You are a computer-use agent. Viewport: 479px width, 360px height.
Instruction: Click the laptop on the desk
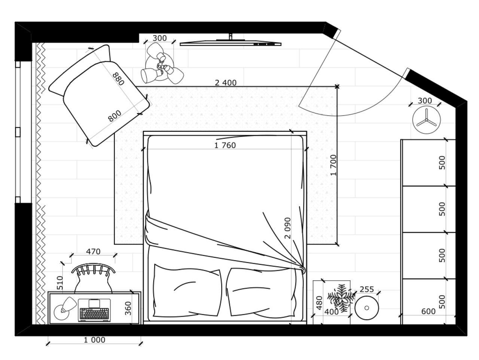point(94,310)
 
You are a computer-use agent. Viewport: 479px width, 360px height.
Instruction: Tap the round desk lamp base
point(61,312)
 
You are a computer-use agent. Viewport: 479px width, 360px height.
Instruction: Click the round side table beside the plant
point(367,308)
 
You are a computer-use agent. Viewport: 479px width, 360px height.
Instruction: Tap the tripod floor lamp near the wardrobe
point(426,120)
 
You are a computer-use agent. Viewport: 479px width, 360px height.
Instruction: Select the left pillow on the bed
point(187,290)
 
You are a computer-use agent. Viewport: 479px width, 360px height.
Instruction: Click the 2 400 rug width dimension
point(226,83)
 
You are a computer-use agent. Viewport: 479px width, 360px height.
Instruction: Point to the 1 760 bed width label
point(225,145)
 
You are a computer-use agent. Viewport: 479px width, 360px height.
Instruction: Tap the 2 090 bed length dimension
point(288,228)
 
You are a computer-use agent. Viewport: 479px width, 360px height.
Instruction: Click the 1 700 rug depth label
point(334,165)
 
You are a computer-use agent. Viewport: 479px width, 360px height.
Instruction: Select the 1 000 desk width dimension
point(95,340)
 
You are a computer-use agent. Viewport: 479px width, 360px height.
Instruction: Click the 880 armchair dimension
point(119,79)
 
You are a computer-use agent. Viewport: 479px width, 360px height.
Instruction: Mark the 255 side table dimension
point(367,289)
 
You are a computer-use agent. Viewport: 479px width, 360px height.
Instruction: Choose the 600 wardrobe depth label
point(428,311)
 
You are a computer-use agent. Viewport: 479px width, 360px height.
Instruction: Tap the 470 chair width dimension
point(93,251)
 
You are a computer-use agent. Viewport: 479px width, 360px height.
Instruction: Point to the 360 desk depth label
point(128,308)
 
